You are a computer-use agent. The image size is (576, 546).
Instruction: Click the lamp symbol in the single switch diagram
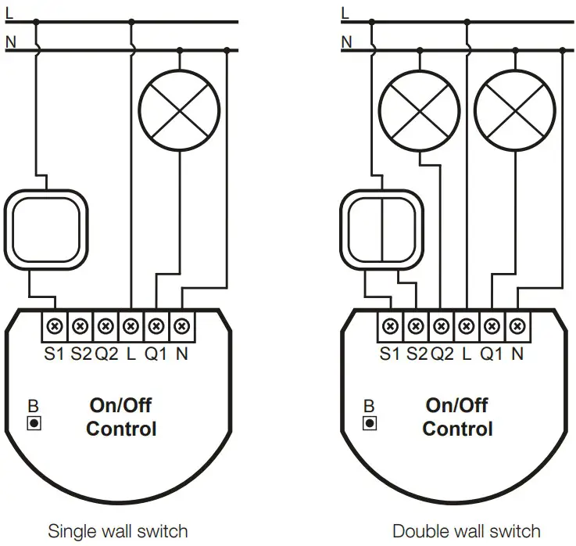pyautogui.click(x=179, y=110)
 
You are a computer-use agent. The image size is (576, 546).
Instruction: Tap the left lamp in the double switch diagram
pyautogui.click(x=419, y=110)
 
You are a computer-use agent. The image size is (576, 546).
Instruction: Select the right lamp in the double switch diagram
pyautogui.click(x=515, y=110)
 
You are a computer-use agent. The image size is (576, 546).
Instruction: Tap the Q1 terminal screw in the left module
pyautogui.click(x=156, y=325)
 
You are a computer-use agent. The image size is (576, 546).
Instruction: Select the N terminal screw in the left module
pyautogui.click(x=181, y=325)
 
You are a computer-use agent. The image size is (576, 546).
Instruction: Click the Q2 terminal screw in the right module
pyautogui.click(x=442, y=325)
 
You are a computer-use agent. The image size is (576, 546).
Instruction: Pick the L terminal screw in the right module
pyautogui.click(x=467, y=325)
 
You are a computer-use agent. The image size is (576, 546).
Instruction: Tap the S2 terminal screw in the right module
pyautogui.click(x=417, y=325)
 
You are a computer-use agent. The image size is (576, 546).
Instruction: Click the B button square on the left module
pyautogui.click(x=34, y=423)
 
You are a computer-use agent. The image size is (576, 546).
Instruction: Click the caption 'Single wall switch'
pyautogui.click(x=118, y=531)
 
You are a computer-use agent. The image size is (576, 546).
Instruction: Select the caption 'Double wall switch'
pyautogui.click(x=466, y=531)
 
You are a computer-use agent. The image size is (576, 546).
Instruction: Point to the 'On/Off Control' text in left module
pyautogui.click(x=120, y=417)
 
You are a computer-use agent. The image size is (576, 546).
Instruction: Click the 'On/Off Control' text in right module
pyautogui.click(x=457, y=417)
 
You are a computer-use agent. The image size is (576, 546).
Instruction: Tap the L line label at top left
pyautogui.click(x=9, y=13)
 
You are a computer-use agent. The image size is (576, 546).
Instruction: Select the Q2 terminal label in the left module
pyautogui.click(x=106, y=354)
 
